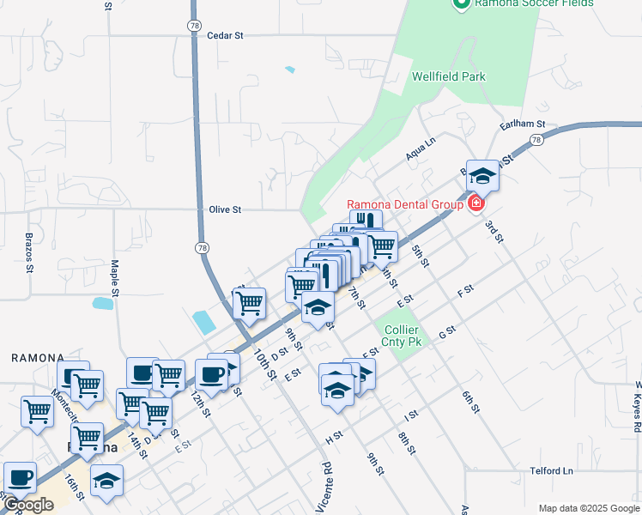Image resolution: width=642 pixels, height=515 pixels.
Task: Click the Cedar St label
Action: (226, 35)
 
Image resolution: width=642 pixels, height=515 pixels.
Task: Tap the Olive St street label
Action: (225, 209)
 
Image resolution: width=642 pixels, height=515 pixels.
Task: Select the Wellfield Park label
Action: (448, 76)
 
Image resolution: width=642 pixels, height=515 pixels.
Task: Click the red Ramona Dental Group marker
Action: (475, 204)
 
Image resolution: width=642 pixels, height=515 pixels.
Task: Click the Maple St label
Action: (114, 274)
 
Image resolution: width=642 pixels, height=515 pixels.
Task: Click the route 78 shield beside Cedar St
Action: (193, 26)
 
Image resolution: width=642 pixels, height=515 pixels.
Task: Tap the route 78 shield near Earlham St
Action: (536, 140)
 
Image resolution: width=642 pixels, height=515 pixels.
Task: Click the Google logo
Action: (27, 505)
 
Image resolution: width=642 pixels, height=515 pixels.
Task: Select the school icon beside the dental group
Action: (483, 175)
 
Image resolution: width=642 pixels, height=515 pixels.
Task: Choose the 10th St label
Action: (263, 365)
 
